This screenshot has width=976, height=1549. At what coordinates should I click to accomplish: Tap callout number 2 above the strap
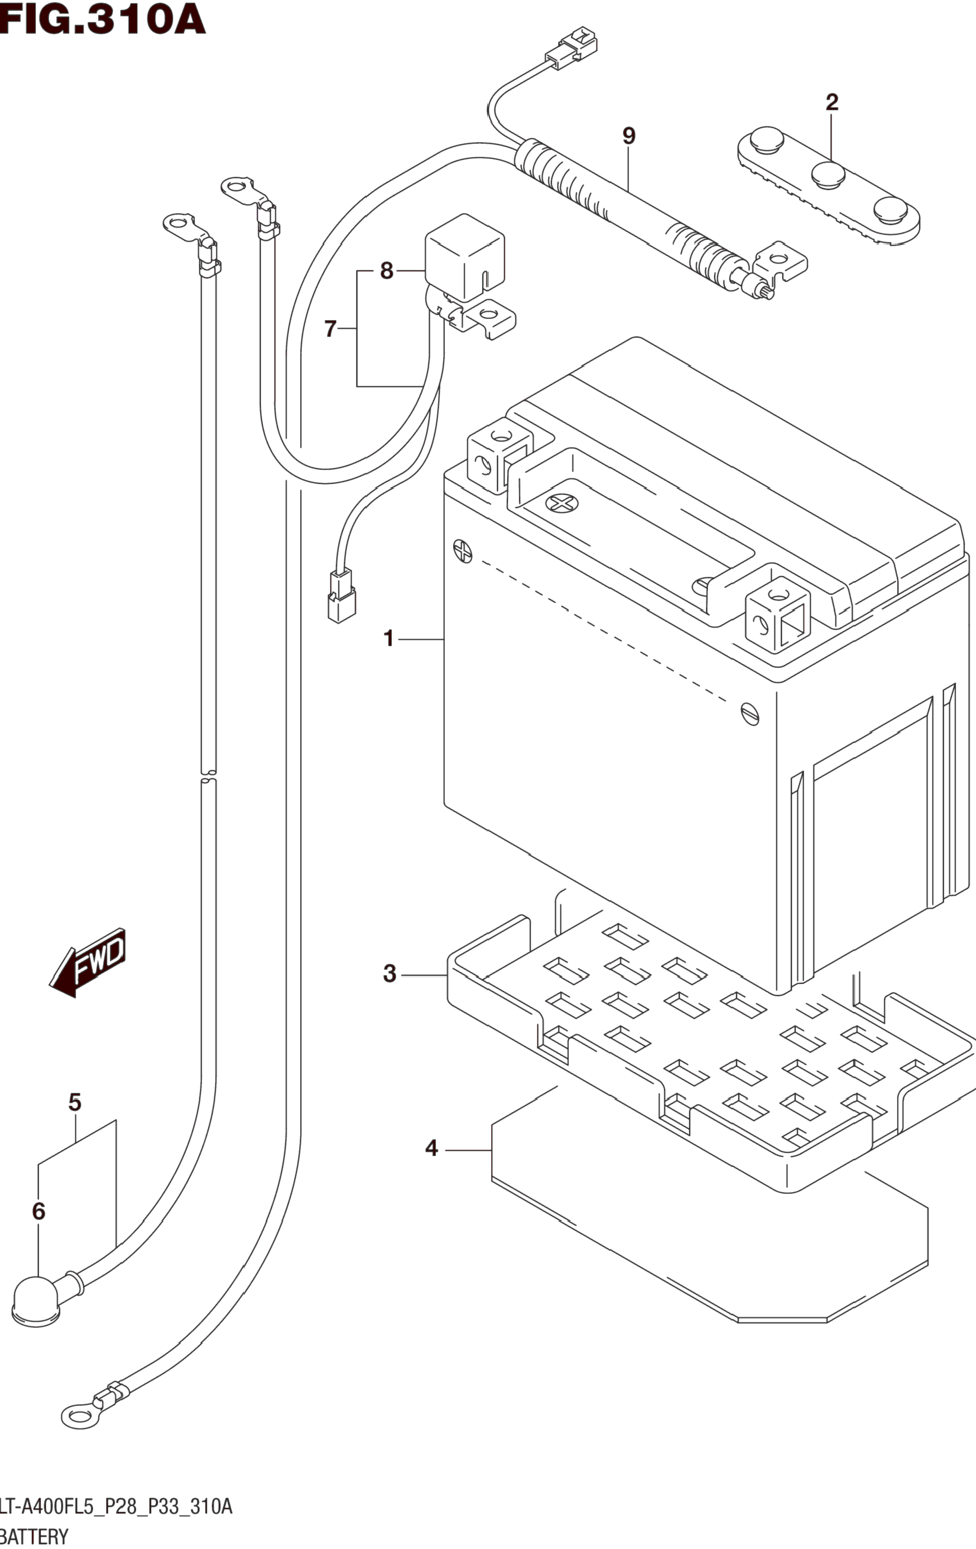pos(832,102)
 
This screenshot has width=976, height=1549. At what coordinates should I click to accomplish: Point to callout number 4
pos(431,1148)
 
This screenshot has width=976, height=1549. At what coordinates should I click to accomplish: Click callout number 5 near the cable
pos(75,1103)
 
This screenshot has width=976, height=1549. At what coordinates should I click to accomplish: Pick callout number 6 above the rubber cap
pos(39,1211)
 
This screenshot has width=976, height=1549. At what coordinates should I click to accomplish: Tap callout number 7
pos(330,329)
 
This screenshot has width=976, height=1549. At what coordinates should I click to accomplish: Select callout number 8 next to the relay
pos(386,271)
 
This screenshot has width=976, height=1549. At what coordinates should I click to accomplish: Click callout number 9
pos(629,136)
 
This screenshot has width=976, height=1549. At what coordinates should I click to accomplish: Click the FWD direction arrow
pos(88,962)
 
